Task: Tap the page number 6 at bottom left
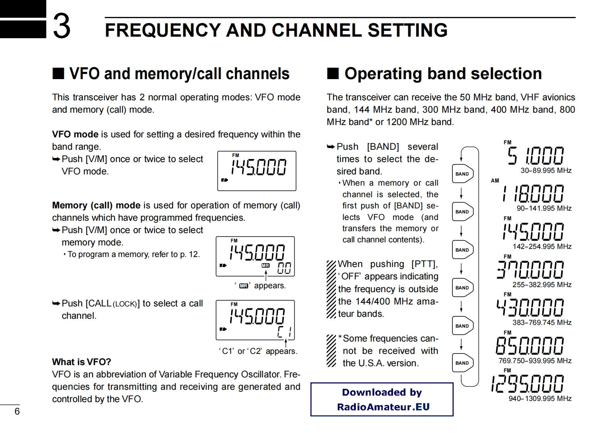17,411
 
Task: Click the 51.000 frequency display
535,156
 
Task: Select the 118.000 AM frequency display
533,193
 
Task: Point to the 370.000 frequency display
530,269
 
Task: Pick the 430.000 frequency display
530,307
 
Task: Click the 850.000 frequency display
530,345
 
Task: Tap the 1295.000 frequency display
528,384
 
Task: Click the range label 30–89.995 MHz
546,171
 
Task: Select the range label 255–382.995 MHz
542,285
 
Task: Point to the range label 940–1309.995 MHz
540,399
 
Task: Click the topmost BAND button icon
462,174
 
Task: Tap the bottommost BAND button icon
462,363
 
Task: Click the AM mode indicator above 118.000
495,181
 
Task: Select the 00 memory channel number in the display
284,268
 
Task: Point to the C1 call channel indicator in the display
285,332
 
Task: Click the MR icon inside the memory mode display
265,266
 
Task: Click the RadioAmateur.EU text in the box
383,407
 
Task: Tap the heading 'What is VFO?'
81,362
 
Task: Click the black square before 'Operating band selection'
333,73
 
